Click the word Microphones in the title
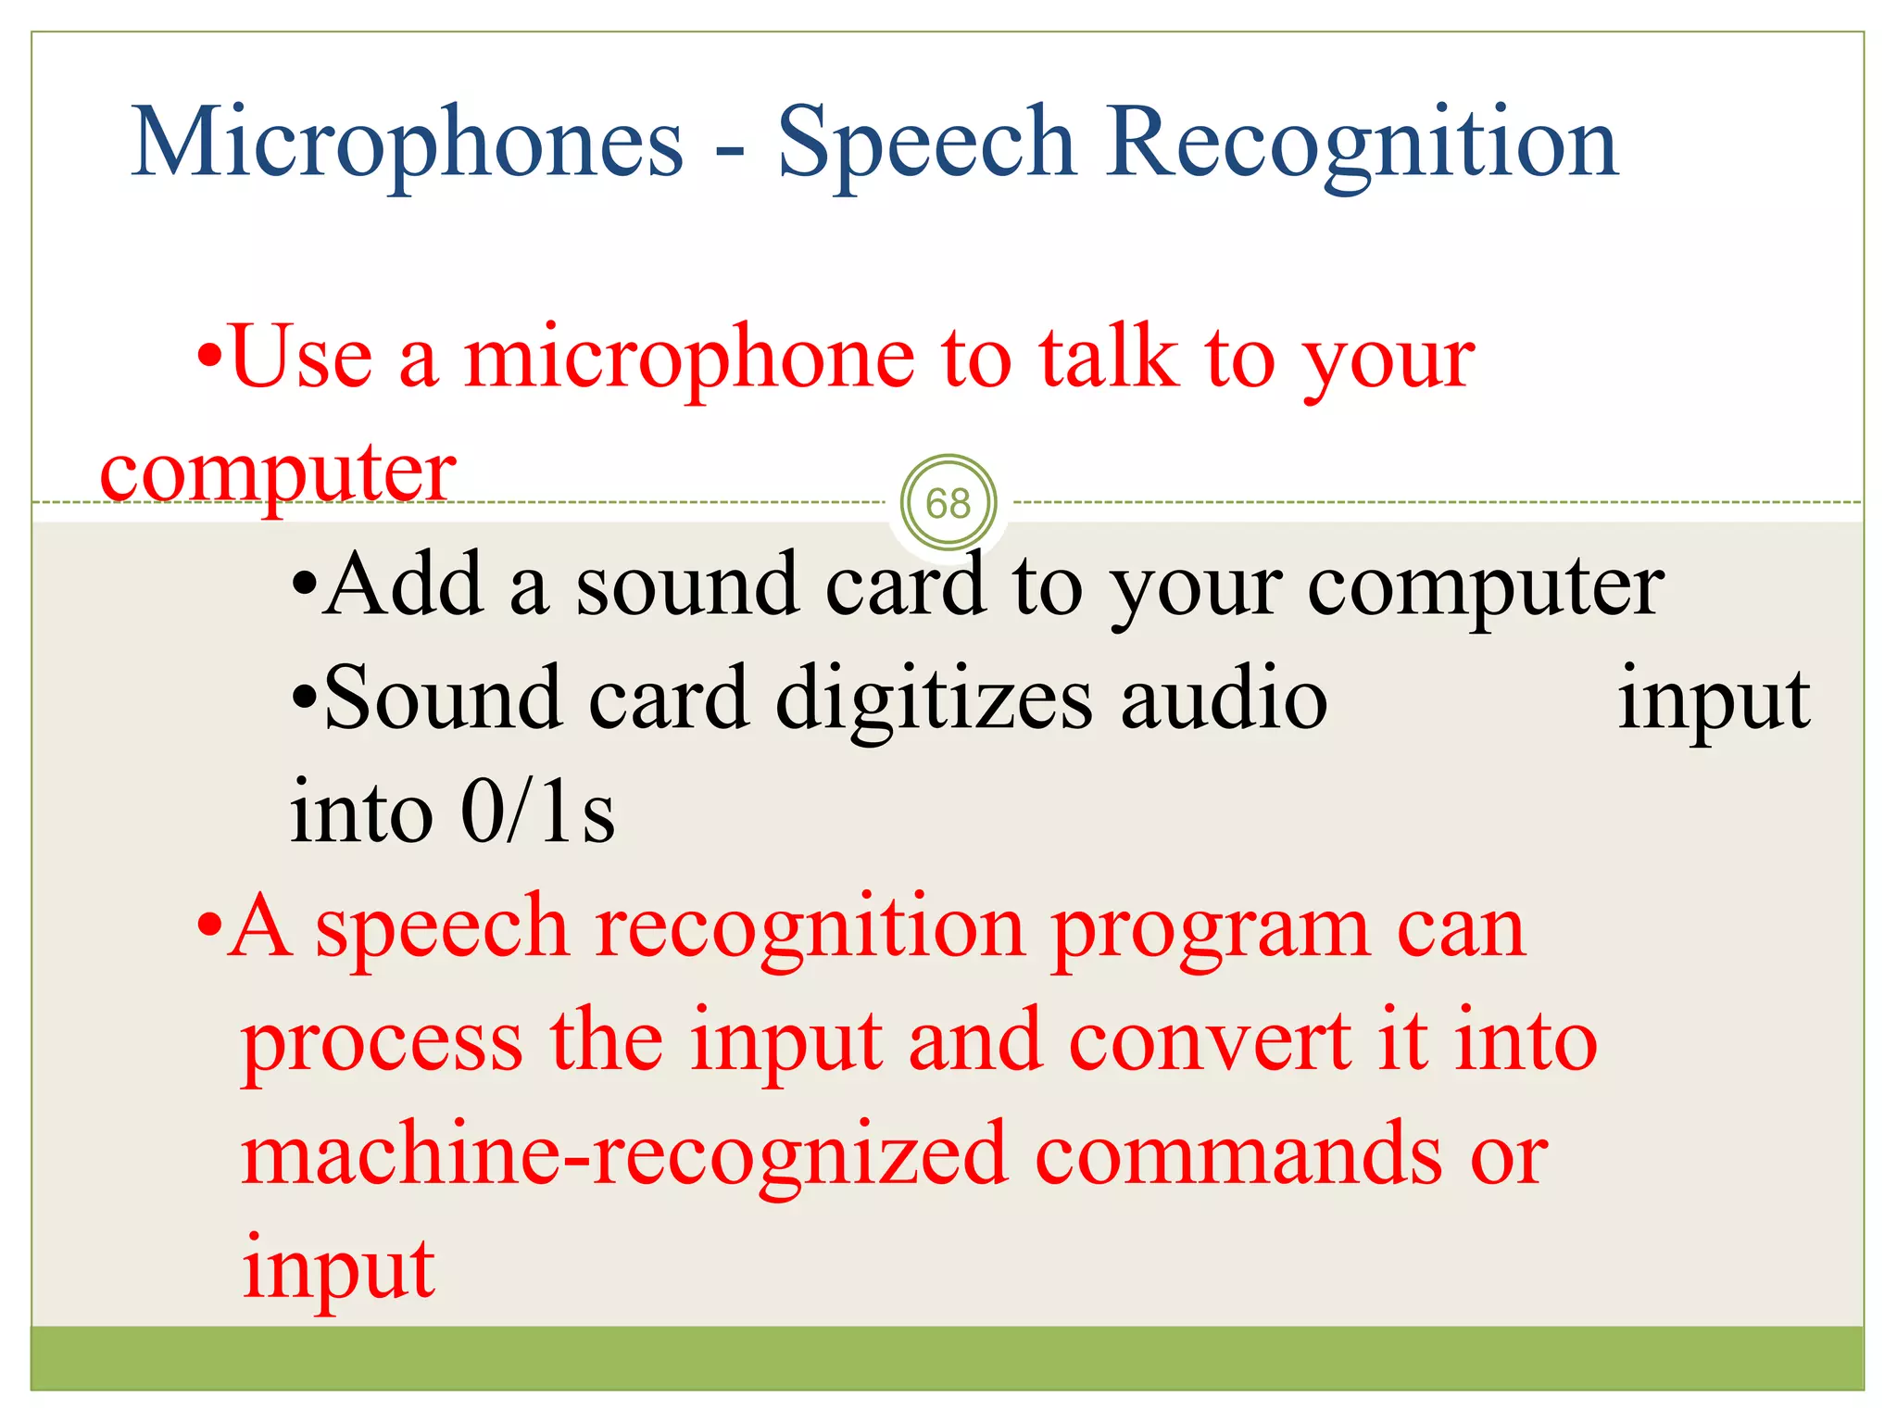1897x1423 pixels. point(407,144)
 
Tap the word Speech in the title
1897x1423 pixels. point(925,144)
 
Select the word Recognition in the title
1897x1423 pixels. point(1362,144)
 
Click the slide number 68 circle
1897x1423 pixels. point(948,503)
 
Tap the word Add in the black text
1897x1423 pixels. point(404,585)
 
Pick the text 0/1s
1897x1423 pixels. point(537,812)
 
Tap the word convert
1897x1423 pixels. point(1209,1041)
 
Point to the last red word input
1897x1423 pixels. point(337,1269)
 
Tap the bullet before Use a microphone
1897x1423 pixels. point(211,359)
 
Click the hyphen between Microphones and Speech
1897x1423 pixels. point(730,149)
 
